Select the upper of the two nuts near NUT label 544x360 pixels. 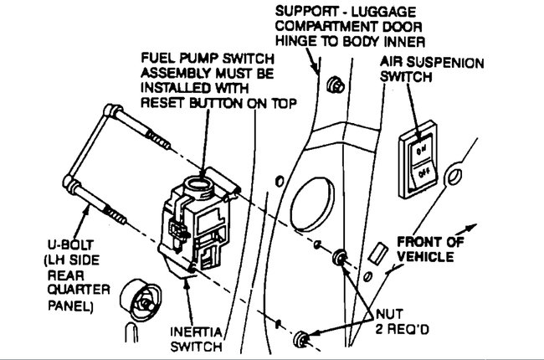(340, 258)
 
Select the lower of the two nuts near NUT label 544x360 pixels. (302, 338)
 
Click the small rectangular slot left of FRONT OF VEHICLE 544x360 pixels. (376, 252)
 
